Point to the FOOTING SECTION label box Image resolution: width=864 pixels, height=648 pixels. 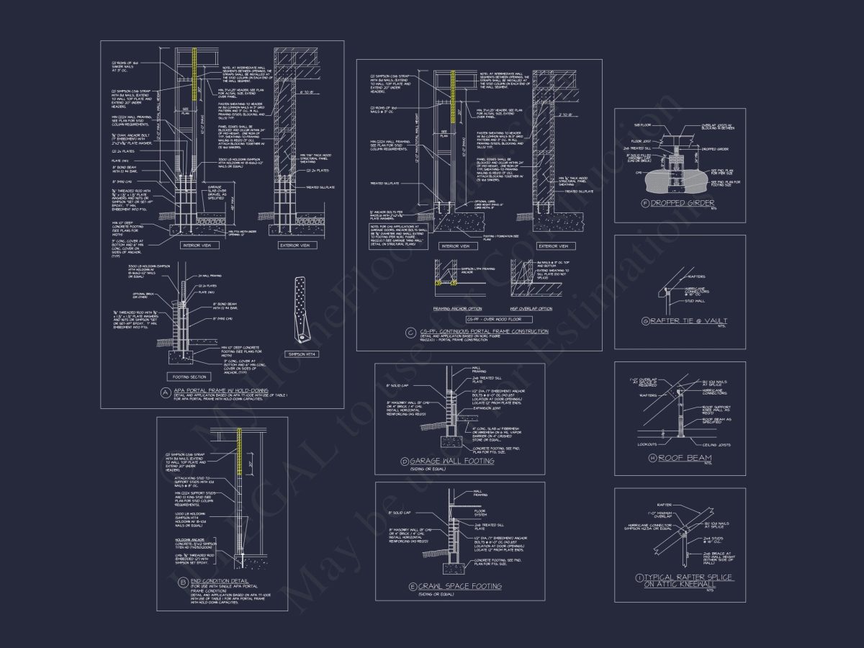(x=189, y=376)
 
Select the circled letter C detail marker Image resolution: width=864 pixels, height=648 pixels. (x=410, y=332)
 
